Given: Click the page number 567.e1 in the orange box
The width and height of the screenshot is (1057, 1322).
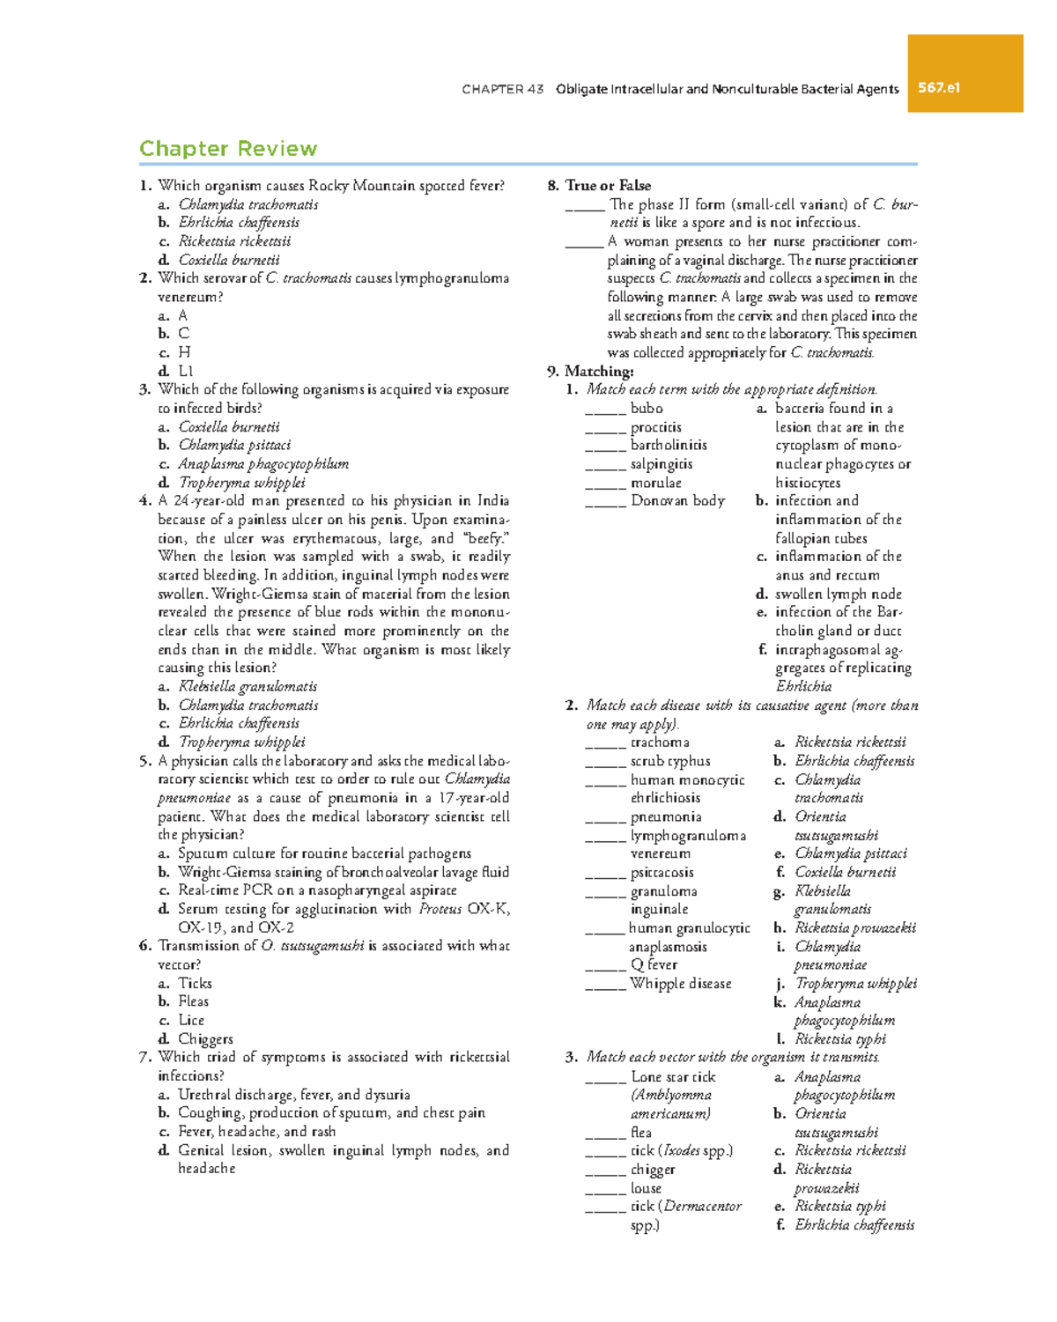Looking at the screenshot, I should tap(939, 88).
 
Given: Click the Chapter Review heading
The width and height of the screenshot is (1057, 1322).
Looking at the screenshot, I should tap(228, 149).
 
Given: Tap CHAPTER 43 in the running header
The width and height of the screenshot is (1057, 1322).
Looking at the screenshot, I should tap(502, 89).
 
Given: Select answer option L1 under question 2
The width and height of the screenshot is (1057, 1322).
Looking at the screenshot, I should tap(185, 371).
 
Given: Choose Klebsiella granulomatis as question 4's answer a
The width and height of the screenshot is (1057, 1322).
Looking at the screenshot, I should tap(248, 686).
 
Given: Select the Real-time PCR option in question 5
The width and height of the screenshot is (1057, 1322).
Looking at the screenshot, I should tap(317, 890).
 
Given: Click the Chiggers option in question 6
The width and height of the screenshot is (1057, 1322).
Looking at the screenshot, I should tap(205, 1038).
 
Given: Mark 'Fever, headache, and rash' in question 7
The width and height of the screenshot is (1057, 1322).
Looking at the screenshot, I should tap(256, 1132).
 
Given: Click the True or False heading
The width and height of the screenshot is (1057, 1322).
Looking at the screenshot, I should tap(608, 185).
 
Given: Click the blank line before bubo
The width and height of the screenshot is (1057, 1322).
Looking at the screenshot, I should tap(605, 410).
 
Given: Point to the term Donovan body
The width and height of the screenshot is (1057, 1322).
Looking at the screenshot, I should tap(677, 500).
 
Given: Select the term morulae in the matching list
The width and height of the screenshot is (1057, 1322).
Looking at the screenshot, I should tap(655, 483).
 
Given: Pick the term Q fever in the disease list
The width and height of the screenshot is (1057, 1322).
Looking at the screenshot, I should tap(654, 964).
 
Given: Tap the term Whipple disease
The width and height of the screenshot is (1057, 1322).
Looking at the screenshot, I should tap(680, 983).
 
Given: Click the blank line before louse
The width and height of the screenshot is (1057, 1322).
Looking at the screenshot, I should tap(605, 1189).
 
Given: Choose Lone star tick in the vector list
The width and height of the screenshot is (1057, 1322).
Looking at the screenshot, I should tap(673, 1076).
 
